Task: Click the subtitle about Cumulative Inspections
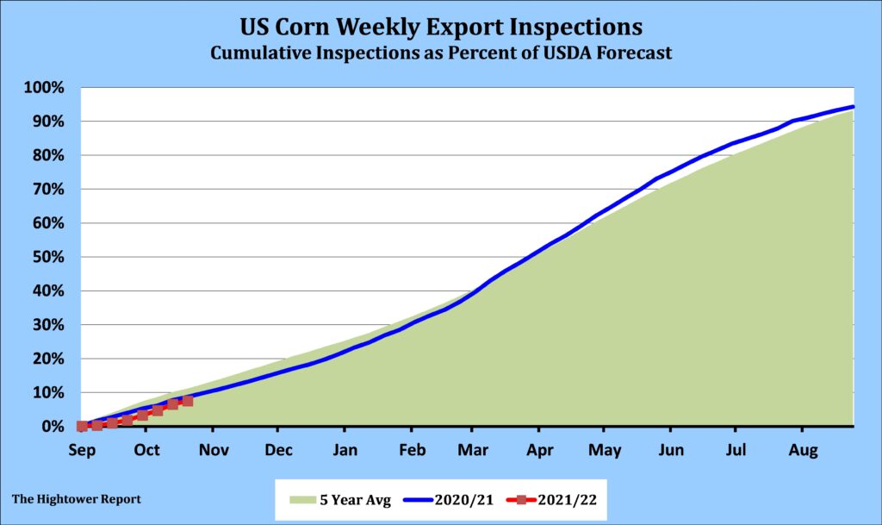(441, 53)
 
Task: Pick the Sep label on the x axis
(81, 449)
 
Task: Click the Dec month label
(277, 449)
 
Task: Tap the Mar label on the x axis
(473, 449)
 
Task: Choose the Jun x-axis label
(670, 449)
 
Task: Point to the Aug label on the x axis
(802, 449)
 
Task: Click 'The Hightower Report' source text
(77, 499)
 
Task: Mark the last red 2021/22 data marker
(188, 401)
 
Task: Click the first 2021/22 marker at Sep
(82, 426)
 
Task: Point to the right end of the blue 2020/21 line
(853, 107)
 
